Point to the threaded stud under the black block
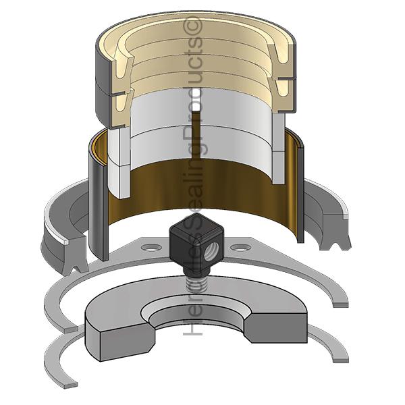click(192, 283)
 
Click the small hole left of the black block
click(151, 248)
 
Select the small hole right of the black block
click(240, 248)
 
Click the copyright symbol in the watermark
click(192, 25)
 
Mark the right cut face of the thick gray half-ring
click(276, 328)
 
